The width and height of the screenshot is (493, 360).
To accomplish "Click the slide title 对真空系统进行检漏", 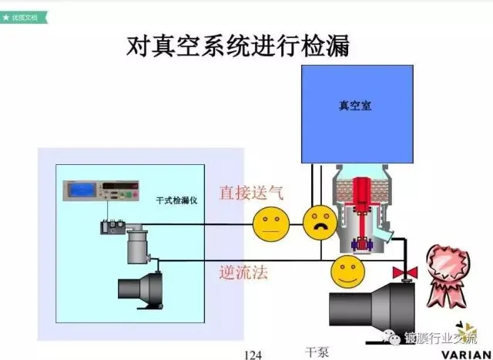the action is coord(238,48).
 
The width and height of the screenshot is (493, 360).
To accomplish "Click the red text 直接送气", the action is coord(251,192).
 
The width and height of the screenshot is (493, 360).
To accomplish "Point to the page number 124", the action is coord(253,355).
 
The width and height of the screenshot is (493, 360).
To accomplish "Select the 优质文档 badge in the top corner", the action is coord(23,15).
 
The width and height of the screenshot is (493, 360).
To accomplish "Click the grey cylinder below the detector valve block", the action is coord(141,246).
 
